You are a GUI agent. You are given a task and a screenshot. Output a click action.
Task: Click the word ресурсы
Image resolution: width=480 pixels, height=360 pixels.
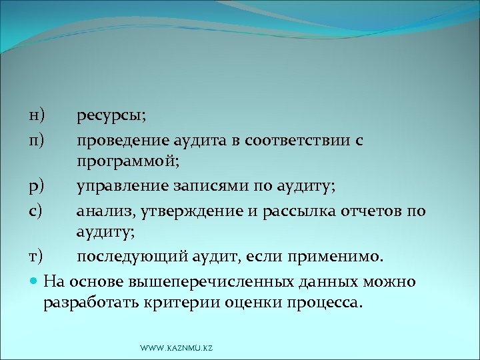click(x=110, y=117)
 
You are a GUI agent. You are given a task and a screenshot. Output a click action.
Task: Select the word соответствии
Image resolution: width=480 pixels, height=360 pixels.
click(x=307, y=141)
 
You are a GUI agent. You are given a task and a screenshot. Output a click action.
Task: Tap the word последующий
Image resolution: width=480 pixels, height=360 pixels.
click(x=124, y=256)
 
